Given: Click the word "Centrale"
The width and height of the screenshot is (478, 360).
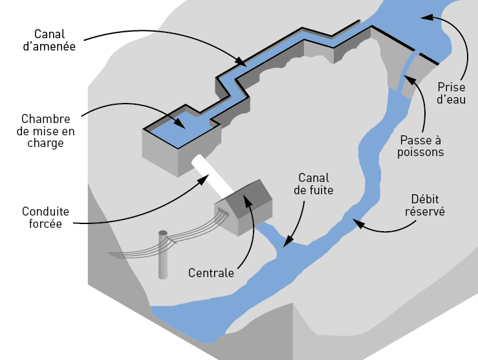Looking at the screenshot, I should click(211, 273).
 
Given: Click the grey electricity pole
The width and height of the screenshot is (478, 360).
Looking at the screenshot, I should click(162, 256).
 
